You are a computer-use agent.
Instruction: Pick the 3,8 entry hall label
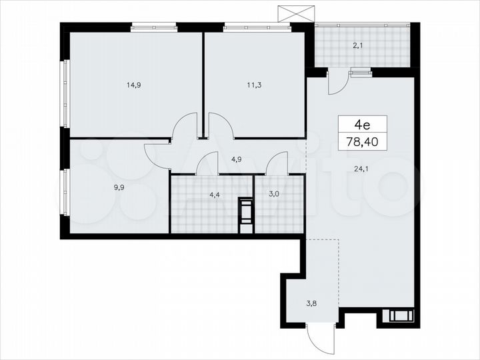tap(311, 303)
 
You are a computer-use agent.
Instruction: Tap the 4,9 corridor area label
tap(237, 159)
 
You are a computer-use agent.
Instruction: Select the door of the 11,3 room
tap(220, 125)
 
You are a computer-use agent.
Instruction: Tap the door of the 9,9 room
tap(157, 157)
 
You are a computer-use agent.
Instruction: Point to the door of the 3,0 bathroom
tap(277, 163)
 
